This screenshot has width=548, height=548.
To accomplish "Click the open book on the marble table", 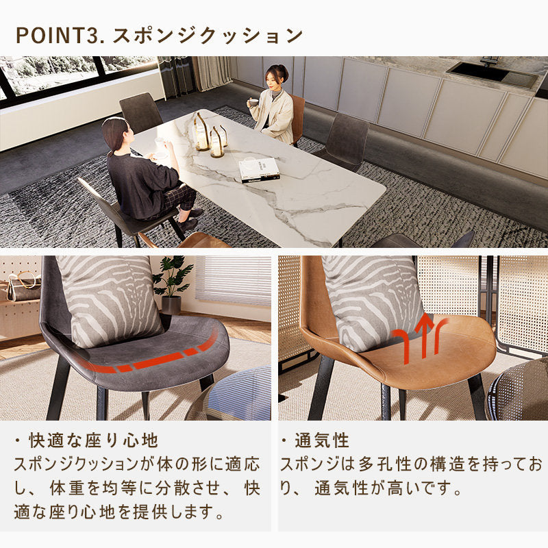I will (x=259, y=168).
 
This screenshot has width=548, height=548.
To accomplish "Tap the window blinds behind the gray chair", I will (x=233, y=281).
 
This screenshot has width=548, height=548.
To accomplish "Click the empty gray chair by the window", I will (x=141, y=113).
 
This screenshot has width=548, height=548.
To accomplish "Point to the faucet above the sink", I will (x=488, y=61).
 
